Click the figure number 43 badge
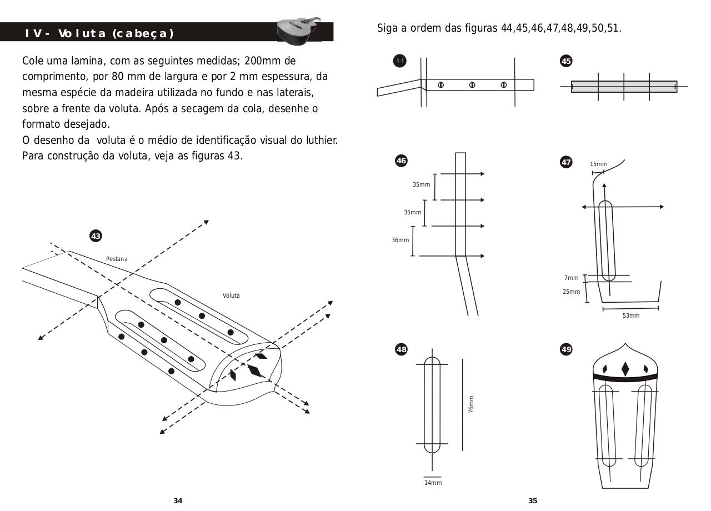tap(96, 236)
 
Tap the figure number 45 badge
tap(566, 61)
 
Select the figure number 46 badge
tap(401, 161)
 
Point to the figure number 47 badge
tap(566, 162)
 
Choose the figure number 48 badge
tap(401, 349)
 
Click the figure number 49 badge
tap(566, 349)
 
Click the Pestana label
tap(117, 259)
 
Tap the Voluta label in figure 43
tap(231, 295)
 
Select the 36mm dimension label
tap(400, 240)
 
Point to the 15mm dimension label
tap(598, 164)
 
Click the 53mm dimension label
tap(630, 315)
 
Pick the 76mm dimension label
tap(472, 404)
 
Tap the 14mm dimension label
tap(433, 483)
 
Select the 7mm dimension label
tap(571, 278)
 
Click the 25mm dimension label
tap(571, 292)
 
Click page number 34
tap(178, 500)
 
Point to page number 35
tap(533, 500)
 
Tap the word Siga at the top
tap(387, 28)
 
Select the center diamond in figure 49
tap(625, 369)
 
